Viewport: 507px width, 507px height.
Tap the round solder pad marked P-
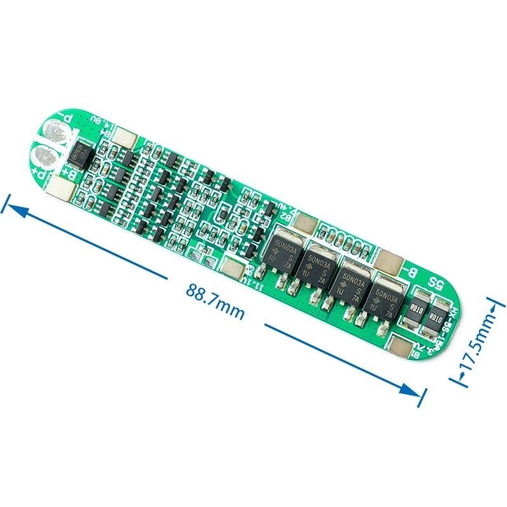point(56,132)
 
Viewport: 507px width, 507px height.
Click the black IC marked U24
point(81,153)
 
